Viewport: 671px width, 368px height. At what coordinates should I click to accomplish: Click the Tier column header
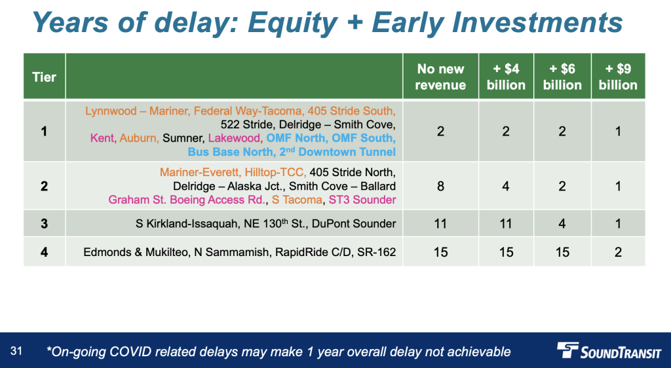click(44, 77)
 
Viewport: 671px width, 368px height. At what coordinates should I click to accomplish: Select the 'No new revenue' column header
click(440, 77)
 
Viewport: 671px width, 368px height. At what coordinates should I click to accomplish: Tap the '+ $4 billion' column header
click(506, 77)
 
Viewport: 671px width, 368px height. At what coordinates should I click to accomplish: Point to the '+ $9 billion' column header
click(618, 77)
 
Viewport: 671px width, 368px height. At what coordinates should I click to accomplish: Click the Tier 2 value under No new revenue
click(440, 186)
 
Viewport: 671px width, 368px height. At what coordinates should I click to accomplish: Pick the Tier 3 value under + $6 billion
click(562, 223)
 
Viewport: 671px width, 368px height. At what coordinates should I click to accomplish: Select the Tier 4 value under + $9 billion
click(618, 252)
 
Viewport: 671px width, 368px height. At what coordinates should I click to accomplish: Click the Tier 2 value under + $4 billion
click(506, 186)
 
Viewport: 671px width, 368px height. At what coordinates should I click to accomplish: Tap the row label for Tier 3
click(44, 223)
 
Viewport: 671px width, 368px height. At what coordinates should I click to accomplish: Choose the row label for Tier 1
click(44, 131)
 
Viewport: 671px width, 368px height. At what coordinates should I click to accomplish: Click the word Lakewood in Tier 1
click(234, 138)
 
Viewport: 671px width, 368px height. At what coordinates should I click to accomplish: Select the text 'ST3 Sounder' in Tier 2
click(362, 200)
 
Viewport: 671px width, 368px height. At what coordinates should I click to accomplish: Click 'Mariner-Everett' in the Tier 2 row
click(199, 172)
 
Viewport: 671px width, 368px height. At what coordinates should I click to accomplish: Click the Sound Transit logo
click(609, 350)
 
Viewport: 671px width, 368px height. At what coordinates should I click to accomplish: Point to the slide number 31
click(16, 351)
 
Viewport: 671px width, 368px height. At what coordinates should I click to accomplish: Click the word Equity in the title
click(293, 23)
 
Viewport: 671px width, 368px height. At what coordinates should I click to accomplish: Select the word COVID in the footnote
click(130, 352)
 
